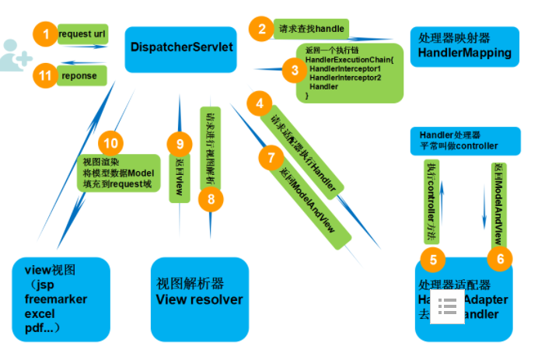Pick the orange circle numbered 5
point(434,259)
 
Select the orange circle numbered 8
point(210,199)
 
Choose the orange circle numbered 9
point(180,143)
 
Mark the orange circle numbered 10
point(111,143)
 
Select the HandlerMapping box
point(464,46)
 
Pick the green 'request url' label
point(82,34)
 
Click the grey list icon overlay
point(448,307)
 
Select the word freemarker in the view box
point(56,299)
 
